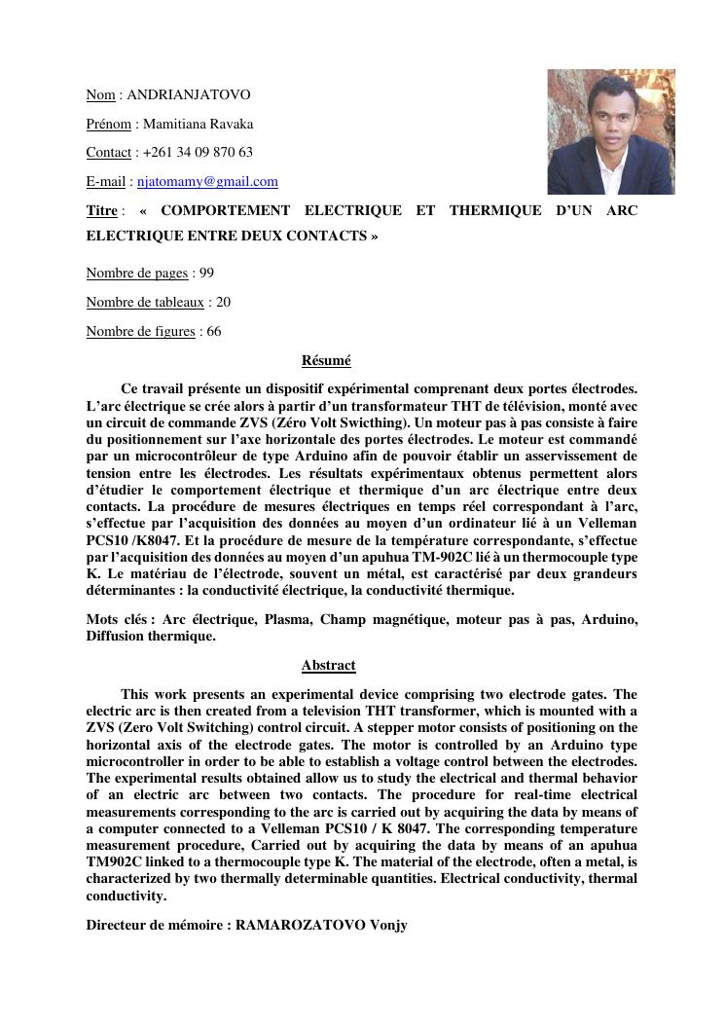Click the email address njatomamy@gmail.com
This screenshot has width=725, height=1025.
pyautogui.click(x=207, y=181)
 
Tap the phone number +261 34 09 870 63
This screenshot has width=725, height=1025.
pyautogui.click(x=198, y=152)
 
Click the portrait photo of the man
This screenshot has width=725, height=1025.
pyautogui.click(x=610, y=131)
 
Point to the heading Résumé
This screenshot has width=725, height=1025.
pyautogui.click(x=326, y=360)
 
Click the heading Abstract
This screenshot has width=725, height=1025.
pyautogui.click(x=328, y=665)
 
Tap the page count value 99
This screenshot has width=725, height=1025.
pyautogui.click(x=206, y=273)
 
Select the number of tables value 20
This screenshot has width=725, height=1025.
pyautogui.click(x=223, y=302)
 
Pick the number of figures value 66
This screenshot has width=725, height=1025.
pyautogui.click(x=213, y=331)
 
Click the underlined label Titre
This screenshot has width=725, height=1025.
pyautogui.click(x=102, y=210)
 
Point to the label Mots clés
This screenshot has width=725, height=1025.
pyautogui.click(x=115, y=620)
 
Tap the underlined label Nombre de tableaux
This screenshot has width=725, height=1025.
pyautogui.click(x=145, y=302)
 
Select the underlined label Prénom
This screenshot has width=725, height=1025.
pyautogui.click(x=108, y=124)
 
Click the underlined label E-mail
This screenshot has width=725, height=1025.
pyautogui.click(x=105, y=181)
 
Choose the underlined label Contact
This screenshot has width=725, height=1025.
pyautogui.click(x=108, y=152)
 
